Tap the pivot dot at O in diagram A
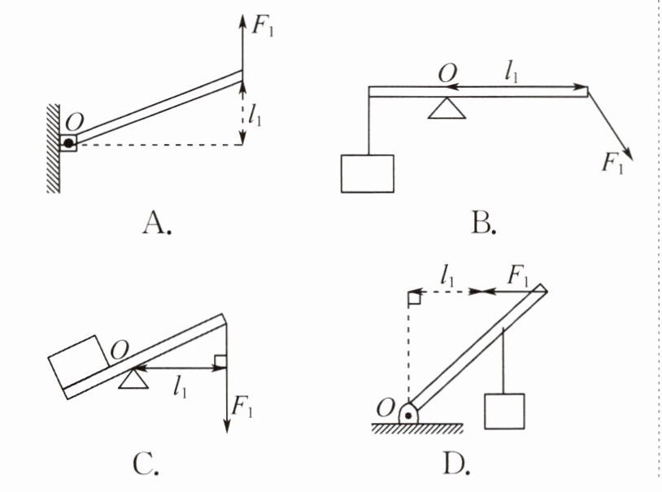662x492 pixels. (x=70, y=144)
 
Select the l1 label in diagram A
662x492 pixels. (x=256, y=118)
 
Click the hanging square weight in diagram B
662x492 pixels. (x=368, y=173)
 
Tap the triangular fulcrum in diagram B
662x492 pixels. (x=446, y=108)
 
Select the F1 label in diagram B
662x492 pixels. (x=612, y=163)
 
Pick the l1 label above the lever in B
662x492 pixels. (x=512, y=72)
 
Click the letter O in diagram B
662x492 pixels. (x=446, y=73)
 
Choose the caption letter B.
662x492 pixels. (x=481, y=221)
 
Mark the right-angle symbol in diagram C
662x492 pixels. (x=220, y=361)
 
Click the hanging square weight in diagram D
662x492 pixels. (x=504, y=411)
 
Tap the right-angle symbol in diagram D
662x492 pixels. (x=413, y=298)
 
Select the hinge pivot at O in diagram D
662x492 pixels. (x=407, y=414)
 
